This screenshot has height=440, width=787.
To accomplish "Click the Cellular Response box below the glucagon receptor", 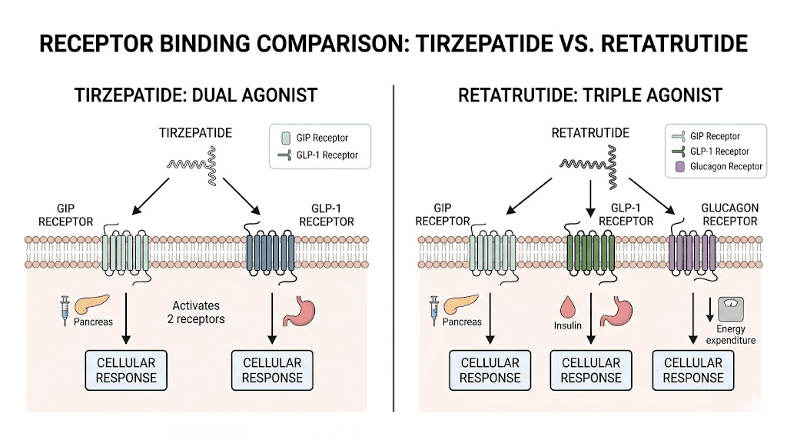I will tap(693, 370).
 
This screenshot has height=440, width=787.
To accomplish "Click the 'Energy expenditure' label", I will tap(729, 335).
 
